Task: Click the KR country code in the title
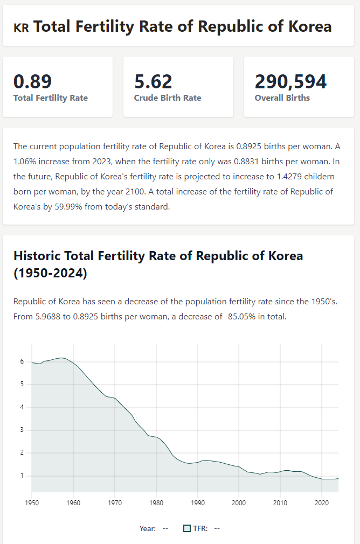tap(21, 27)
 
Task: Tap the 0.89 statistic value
tap(32, 81)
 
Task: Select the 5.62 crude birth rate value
tap(153, 81)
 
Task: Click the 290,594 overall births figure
tap(290, 81)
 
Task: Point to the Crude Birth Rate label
tap(168, 98)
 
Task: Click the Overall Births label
tap(282, 98)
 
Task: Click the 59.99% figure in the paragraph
tap(70, 206)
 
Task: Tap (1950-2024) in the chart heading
tap(50, 273)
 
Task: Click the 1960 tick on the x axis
tap(73, 503)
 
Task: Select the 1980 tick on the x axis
tap(156, 503)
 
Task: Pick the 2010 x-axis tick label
tap(280, 503)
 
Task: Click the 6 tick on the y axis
tap(22, 361)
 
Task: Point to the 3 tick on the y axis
tap(22, 430)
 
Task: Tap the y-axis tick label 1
tap(22, 476)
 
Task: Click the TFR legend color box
tap(187, 528)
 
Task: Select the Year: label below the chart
tap(148, 528)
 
